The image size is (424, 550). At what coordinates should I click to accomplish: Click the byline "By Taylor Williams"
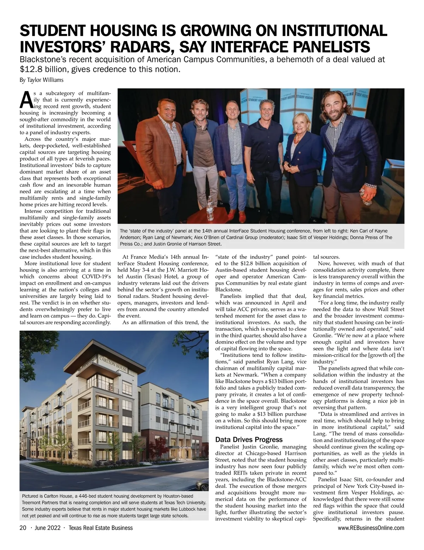(41, 80)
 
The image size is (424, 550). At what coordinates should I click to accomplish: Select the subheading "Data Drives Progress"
(249, 440)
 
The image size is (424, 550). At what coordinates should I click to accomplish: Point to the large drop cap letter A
(26, 100)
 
